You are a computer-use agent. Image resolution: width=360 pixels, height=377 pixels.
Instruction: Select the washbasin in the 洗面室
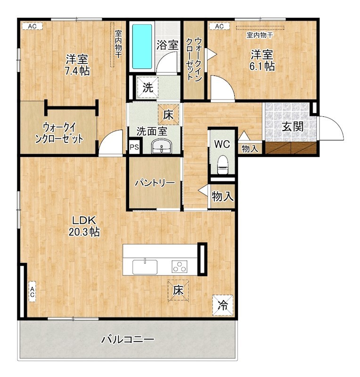click(x=163, y=148)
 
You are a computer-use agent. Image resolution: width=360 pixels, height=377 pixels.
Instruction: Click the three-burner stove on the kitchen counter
click(x=180, y=267)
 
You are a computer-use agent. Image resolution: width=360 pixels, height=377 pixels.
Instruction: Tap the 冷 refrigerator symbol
click(x=222, y=304)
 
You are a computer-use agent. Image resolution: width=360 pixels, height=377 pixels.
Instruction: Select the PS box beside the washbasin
click(x=134, y=147)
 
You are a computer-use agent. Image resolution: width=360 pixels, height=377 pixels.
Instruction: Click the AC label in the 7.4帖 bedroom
click(x=32, y=26)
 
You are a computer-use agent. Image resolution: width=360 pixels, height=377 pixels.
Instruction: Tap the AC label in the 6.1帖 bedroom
click(x=219, y=26)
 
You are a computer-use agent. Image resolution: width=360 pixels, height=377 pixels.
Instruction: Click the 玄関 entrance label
click(x=292, y=126)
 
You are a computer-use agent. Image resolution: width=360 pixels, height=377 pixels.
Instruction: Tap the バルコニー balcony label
click(x=127, y=339)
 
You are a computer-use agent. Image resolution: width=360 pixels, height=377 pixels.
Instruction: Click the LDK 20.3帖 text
click(x=85, y=226)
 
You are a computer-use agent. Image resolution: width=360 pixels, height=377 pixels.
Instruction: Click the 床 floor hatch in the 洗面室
click(x=168, y=114)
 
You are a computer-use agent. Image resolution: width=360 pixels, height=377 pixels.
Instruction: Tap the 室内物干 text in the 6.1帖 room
click(x=259, y=35)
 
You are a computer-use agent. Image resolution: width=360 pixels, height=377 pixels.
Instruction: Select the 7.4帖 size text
click(x=77, y=71)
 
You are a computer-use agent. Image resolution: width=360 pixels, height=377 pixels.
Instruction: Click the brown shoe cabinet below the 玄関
click(x=290, y=148)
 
